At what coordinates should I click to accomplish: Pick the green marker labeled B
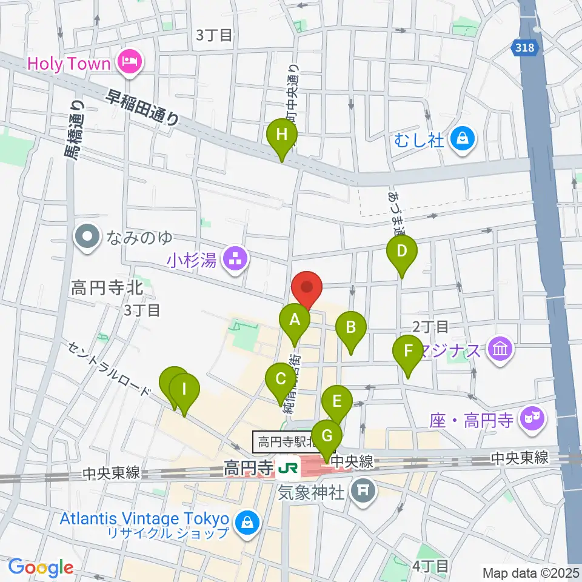click(x=351, y=329)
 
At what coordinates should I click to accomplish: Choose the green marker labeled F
click(x=408, y=352)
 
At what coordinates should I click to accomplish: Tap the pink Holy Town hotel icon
click(x=129, y=62)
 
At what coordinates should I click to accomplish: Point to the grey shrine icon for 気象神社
click(x=364, y=488)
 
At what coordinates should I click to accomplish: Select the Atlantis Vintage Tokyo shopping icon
click(x=247, y=521)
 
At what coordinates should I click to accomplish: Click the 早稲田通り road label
click(x=143, y=108)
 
